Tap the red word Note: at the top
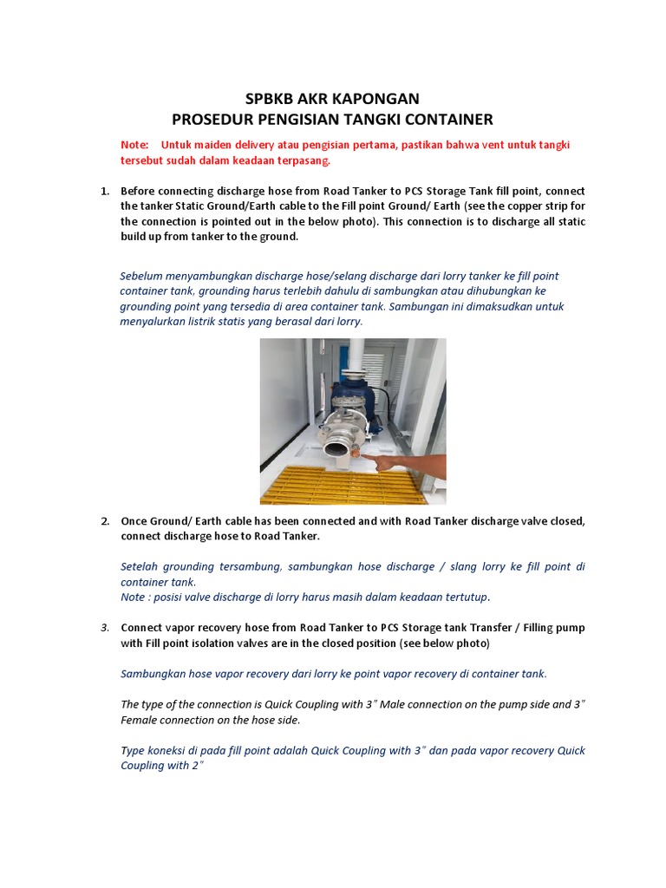point(134,144)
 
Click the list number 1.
point(105,191)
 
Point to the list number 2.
point(105,520)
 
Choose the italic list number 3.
point(105,627)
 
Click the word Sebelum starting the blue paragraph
point(140,276)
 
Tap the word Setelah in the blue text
point(140,566)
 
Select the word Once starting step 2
point(134,520)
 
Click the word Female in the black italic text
point(139,720)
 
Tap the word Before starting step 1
point(140,191)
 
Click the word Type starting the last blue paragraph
point(134,750)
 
